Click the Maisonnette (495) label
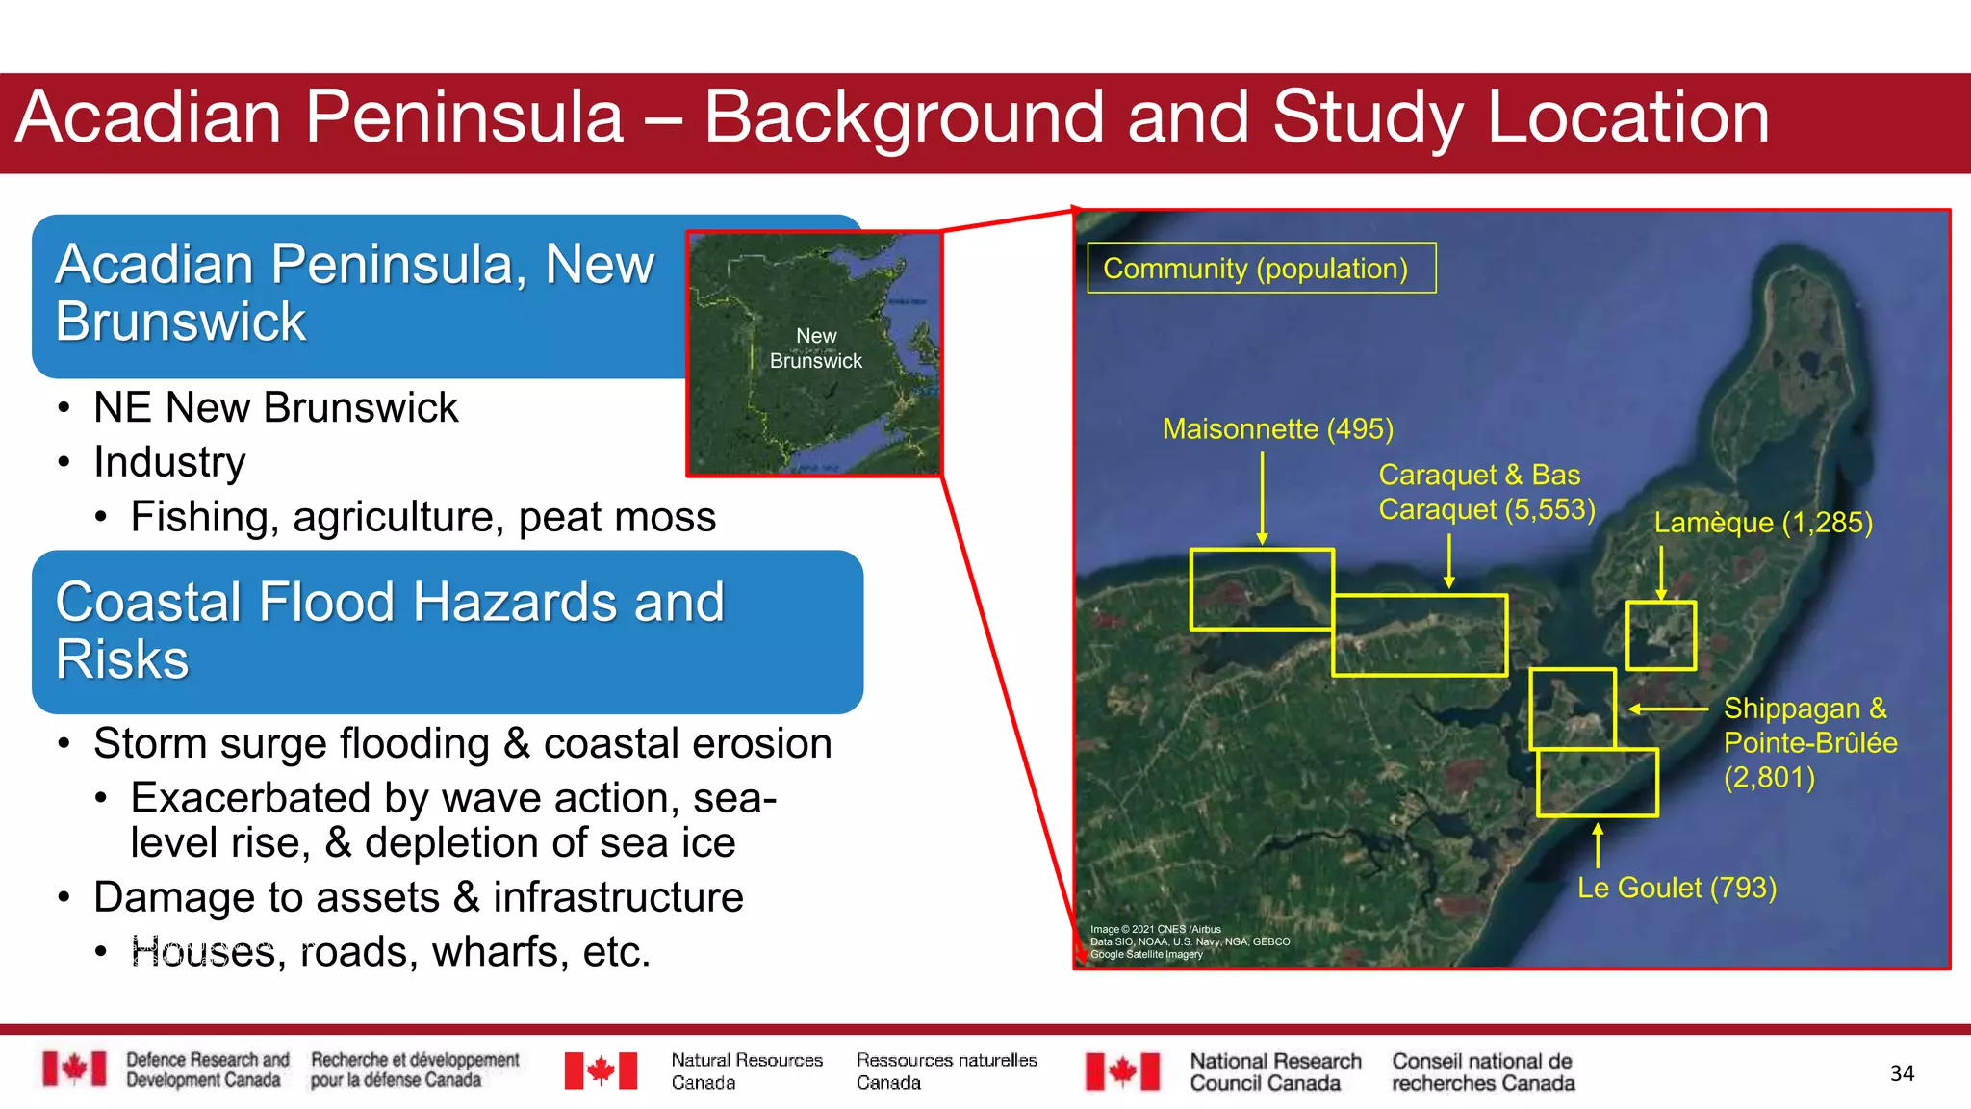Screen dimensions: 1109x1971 click(1277, 428)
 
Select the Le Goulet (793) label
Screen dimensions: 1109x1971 click(1677, 888)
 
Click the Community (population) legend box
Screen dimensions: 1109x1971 click(1261, 268)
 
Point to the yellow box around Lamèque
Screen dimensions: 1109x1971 click(1660, 635)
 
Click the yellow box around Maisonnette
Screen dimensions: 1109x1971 click(1261, 589)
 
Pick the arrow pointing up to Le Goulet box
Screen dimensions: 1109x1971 click(1598, 844)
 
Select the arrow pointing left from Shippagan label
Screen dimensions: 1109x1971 click(1668, 709)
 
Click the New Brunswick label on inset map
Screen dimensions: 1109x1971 click(816, 348)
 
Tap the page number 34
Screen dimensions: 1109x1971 click(1902, 1073)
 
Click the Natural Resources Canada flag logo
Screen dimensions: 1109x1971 click(601, 1070)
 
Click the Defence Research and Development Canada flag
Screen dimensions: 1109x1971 click(74, 1070)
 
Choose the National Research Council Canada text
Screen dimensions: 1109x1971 click(1275, 1071)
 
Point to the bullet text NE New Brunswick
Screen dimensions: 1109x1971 click(275, 407)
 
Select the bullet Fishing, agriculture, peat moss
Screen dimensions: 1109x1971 click(422, 517)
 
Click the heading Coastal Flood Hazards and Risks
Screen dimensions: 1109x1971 click(390, 631)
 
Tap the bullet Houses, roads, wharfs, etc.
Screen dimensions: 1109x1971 click(390, 951)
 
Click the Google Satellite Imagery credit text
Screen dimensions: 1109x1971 click(1146, 955)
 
